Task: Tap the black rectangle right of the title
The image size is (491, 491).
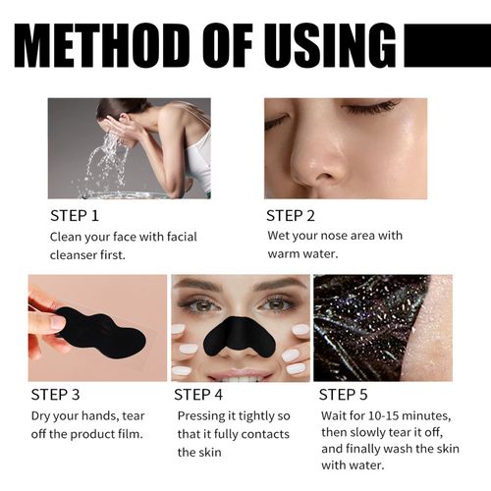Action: (447, 45)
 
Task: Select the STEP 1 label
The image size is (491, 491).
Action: (74, 215)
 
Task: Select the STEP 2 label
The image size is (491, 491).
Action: (292, 215)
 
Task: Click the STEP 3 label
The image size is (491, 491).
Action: (55, 396)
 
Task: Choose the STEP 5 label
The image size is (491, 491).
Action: (345, 396)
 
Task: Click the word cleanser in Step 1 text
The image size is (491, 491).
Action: (75, 255)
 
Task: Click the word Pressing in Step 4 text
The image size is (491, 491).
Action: (202, 416)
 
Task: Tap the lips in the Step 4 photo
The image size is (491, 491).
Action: (242, 374)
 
